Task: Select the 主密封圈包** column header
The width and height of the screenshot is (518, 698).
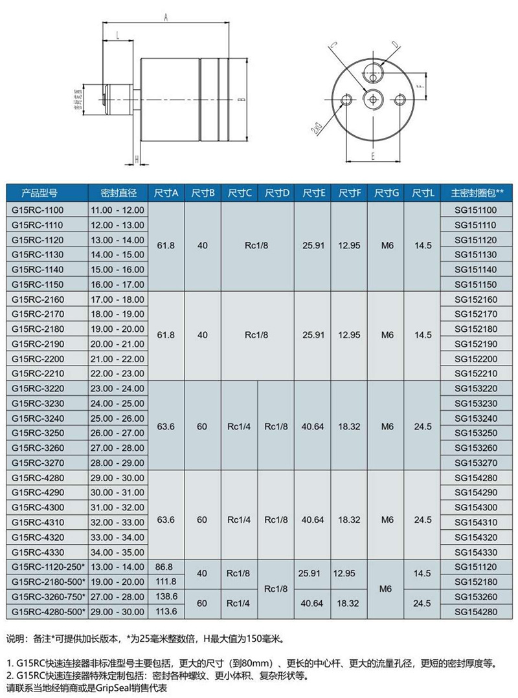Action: point(477,193)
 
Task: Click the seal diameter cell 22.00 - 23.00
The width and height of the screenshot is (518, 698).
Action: point(118,373)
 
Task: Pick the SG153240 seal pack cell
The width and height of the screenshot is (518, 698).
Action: point(476,418)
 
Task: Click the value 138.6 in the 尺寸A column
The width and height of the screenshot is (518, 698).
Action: point(167,596)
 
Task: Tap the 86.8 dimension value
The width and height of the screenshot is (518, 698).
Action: point(167,567)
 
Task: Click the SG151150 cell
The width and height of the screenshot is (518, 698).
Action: point(476,284)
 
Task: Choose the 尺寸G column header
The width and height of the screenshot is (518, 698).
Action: point(387,193)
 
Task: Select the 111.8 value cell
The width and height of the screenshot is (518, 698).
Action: point(167,581)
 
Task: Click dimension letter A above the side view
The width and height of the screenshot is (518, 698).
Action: point(166,17)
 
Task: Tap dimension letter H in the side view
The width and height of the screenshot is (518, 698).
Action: point(136,158)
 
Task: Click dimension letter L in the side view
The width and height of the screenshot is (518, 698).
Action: point(117,37)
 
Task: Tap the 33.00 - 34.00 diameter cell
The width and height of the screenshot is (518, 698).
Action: point(118,537)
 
